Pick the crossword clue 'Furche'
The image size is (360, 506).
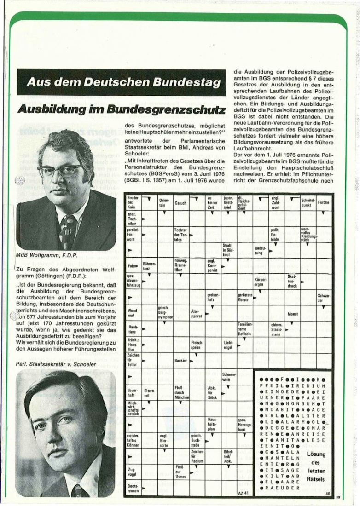[x=323, y=202]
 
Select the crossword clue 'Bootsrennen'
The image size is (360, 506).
[x=132, y=488]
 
